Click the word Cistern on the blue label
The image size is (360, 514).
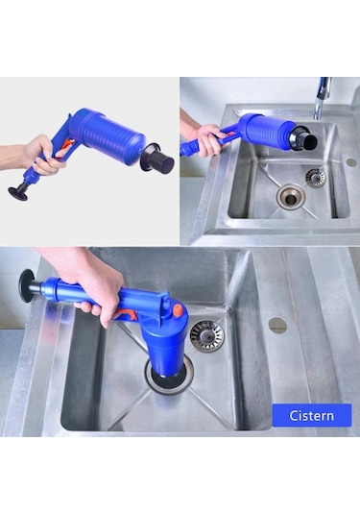coord(310,415)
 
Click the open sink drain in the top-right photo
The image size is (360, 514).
coord(291,196)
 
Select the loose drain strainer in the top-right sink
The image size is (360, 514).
coord(315,177)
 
